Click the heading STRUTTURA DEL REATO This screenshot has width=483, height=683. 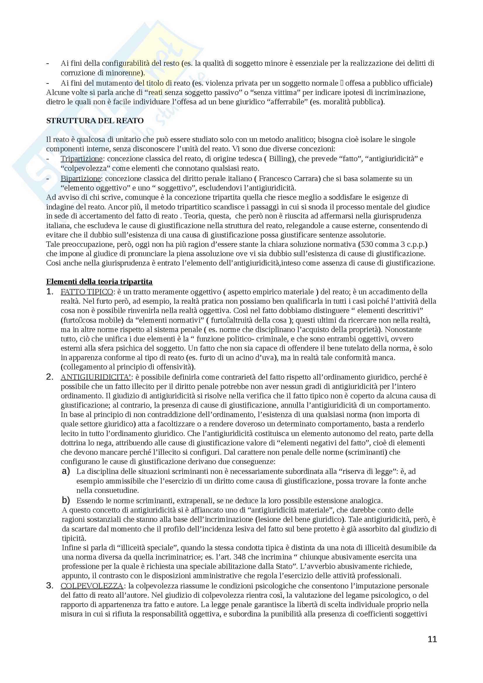pyautogui.click(x=95, y=121)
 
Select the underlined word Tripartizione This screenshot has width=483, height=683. pyautogui.click(x=81, y=159)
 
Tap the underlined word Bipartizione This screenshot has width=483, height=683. pyautogui.click(x=81, y=178)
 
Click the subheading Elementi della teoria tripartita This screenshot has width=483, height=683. pyautogui.click(x=99, y=281)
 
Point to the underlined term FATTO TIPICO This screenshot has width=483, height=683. pyautogui.click(x=86, y=292)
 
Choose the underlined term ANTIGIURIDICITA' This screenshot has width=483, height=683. pyautogui.click(x=96, y=377)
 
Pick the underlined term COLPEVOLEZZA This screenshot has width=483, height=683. pyautogui.click(x=92, y=586)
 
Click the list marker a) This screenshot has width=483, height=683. pyautogui.click(x=66, y=472)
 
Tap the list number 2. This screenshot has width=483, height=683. pyautogui.click(x=50, y=377)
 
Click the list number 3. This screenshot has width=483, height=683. pyautogui.click(x=50, y=586)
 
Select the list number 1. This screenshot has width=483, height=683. pyautogui.click(x=50, y=291)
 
